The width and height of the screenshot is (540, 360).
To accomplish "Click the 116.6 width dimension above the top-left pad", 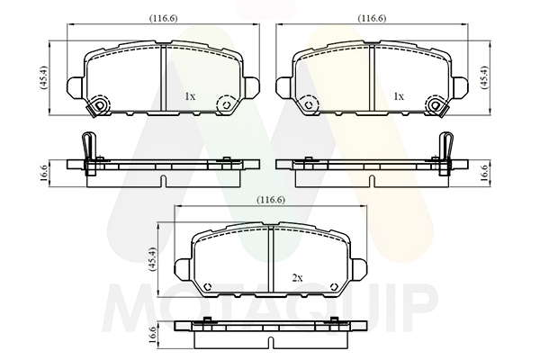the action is pyautogui.click(x=163, y=18).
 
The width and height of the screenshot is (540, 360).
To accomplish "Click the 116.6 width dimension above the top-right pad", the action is pyautogui.click(x=372, y=18).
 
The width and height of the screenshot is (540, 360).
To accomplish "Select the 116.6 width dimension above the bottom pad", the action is pyautogui.click(x=271, y=200).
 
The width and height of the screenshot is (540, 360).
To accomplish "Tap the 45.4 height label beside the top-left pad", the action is pyautogui.click(x=44, y=77).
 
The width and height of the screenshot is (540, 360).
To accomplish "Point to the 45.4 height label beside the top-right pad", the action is pyautogui.click(x=484, y=77).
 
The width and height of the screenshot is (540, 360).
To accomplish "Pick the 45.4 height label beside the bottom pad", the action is pyautogui.click(x=152, y=259).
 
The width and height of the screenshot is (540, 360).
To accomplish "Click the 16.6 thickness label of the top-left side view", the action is pyautogui.click(x=44, y=174).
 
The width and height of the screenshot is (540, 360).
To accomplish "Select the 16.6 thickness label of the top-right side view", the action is pyautogui.click(x=484, y=174).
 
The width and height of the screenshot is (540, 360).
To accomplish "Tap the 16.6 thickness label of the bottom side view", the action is pyautogui.click(x=152, y=335).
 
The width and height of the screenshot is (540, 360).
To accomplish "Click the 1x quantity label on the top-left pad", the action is pyautogui.click(x=190, y=96).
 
